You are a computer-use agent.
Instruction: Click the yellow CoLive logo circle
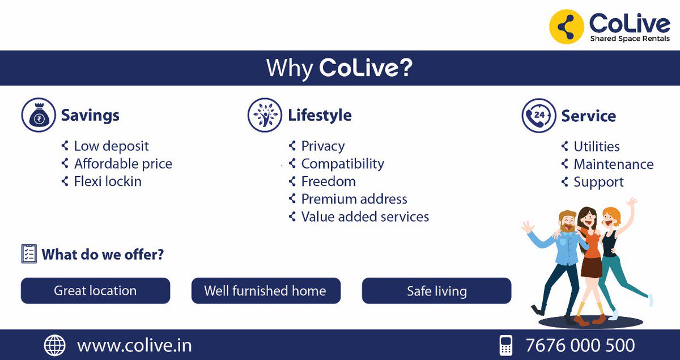pos(567,27)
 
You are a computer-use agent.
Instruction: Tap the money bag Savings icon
pos(39,115)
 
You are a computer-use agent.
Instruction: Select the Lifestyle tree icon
pos(265,115)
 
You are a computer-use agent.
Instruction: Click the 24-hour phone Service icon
pos(538,115)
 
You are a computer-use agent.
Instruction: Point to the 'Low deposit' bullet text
pos(111,146)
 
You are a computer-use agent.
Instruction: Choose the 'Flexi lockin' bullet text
pos(108,181)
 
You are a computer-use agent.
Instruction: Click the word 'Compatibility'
pos(342,164)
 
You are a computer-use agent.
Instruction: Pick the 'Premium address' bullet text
pos(354,199)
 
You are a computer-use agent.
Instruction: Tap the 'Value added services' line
pos(365,217)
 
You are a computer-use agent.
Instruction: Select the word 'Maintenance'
pos(613,164)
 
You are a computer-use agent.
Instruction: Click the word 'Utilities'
pos(597,147)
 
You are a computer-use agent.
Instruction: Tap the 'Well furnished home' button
pos(265,291)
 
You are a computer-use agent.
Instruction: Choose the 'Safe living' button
pos(436,291)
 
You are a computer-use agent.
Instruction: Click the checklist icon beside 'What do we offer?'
pos(29,253)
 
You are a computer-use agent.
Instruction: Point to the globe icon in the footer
pos(55,345)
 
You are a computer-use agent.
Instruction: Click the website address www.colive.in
pos(134,345)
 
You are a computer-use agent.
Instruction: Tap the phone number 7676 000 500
pos(580,345)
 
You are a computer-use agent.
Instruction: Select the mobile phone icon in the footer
pos(505,345)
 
